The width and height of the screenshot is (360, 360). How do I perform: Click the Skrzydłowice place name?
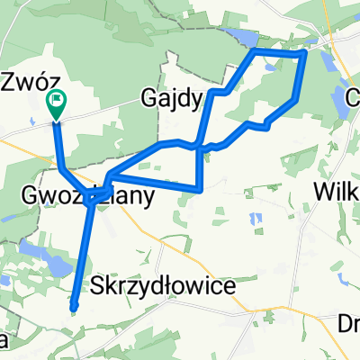tap(163, 285)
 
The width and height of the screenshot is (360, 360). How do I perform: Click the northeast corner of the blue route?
tap(305, 54)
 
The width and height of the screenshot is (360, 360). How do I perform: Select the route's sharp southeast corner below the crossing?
tap(199, 189)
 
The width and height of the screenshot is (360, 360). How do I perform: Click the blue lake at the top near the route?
tap(241, 37)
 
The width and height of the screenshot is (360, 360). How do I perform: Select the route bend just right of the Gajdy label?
tap(211, 92)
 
